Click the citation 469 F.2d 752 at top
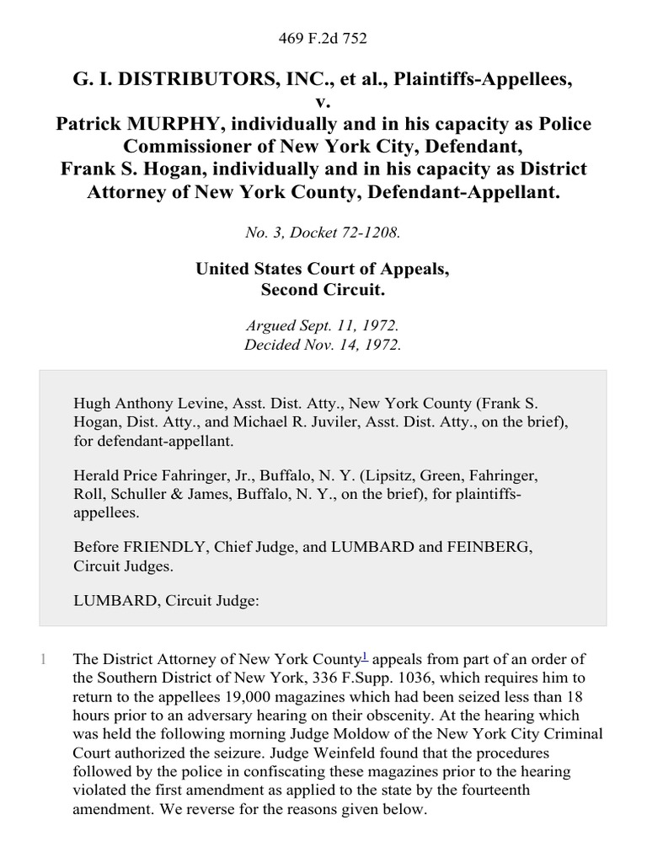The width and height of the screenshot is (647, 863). tap(323, 38)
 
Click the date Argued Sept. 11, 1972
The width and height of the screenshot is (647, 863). tap(323, 326)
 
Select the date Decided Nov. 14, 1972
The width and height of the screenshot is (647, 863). tap(323, 344)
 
